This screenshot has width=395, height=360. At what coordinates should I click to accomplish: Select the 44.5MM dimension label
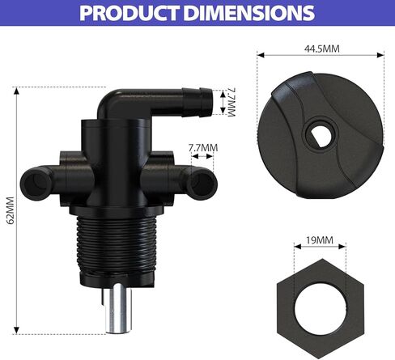[x=321, y=49]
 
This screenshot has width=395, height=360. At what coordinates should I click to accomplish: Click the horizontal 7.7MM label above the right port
[x=203, y=148]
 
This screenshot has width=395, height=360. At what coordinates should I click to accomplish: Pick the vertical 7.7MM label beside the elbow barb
[x=229, y=104]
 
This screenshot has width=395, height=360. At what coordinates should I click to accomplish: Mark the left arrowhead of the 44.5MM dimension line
[x=260, y=54]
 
